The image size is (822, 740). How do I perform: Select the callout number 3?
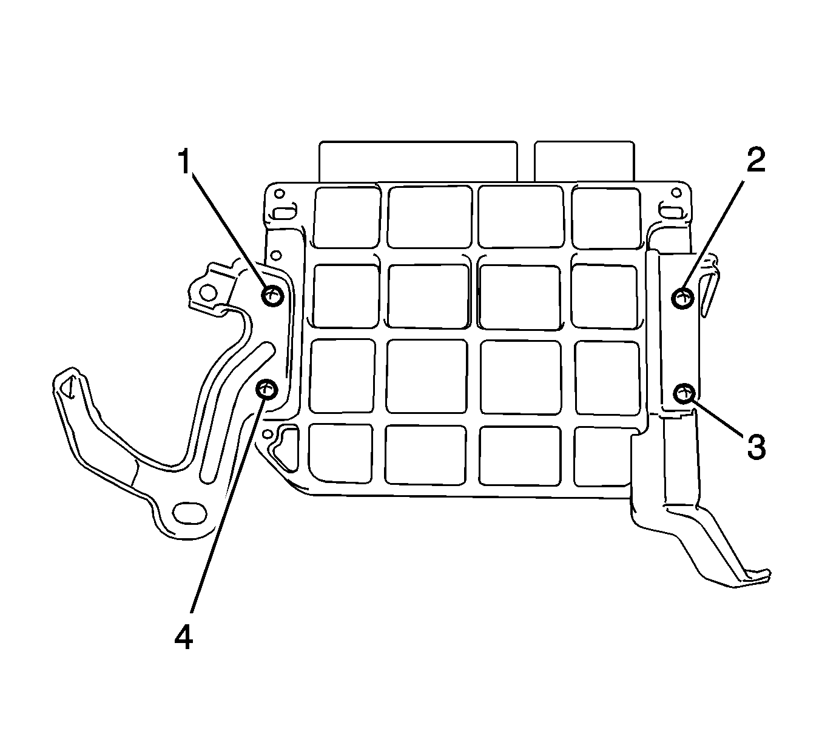[x=756, y=447]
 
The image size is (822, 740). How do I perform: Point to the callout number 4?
[x=183, y=649]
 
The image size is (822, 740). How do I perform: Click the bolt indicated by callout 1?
[x=273, y=295]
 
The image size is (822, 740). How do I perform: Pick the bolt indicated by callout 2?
[x=682, y=298]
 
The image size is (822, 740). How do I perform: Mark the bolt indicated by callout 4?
[x=267, y=388]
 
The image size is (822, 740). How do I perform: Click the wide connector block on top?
[x=418, y=161]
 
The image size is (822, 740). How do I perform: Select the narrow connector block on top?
[x=585, y=161]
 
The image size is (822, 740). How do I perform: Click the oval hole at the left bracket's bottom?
[x=189, y=512]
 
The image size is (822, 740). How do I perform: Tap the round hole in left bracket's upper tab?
[x=208, y=293]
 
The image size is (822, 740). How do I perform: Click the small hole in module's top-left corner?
[x=280, y=193]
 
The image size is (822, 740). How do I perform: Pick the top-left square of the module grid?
[x=346, y=218]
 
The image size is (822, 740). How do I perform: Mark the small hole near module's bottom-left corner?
[x=268, y=433]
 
